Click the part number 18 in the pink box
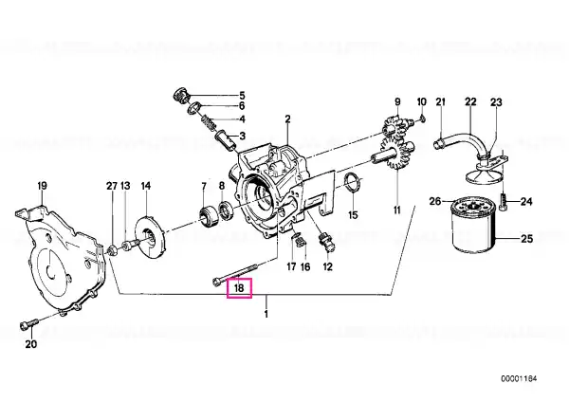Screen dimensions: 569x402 tap(239, 288)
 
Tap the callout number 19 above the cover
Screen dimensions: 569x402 tap(42, 186)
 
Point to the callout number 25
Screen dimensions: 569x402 tap(527, 239)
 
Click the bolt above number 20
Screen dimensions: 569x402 tap(29, 323)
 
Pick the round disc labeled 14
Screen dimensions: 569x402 tap(149, 238)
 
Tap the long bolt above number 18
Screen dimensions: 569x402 tap(234, 274)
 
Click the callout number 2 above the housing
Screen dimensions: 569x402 tap(287, 119)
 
